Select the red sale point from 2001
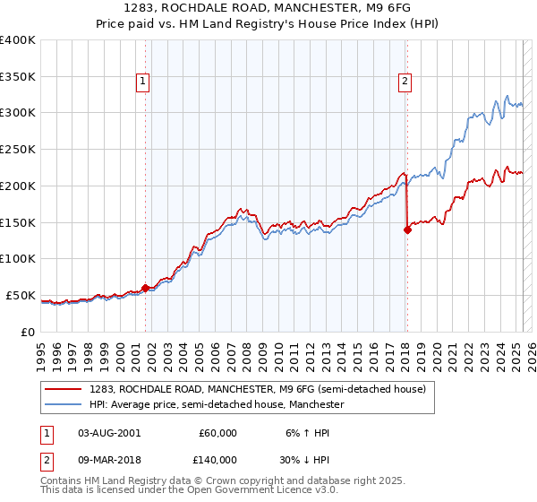(145, 288)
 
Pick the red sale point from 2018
(407, 229)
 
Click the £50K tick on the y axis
(21, 295)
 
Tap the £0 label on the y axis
(29, 332)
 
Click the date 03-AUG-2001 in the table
(109, 433)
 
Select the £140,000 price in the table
(217, 460)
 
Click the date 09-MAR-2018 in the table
(110, 460)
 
